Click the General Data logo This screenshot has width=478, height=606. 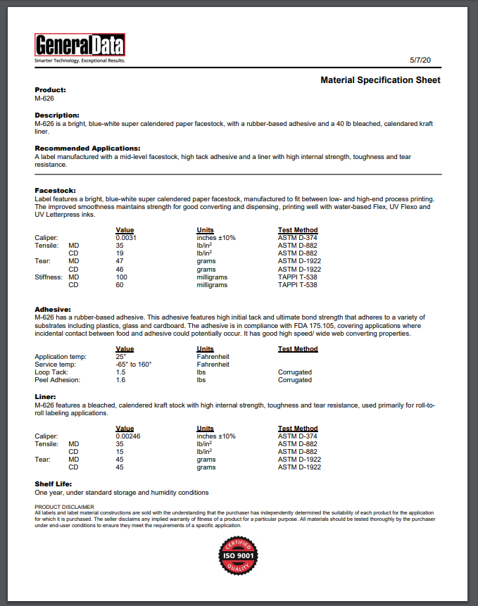pos(80,46)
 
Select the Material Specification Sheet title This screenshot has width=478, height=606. pos(380,80)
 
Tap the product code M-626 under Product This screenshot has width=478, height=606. pos(44,99)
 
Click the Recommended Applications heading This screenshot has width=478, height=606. pos(87,149)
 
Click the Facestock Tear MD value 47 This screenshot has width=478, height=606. pos(120,261)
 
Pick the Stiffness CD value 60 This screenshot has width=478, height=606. pos(120,284)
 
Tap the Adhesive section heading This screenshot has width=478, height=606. pos(53,310)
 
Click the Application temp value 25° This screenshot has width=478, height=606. pos(120,357)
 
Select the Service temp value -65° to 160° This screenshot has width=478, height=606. pos(134,365)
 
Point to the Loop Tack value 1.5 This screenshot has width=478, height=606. pos(120,372)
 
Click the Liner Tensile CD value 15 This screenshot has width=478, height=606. pos(120,452)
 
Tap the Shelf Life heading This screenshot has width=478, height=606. pos(54,484)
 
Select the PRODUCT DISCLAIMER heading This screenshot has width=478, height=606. pos(64,506)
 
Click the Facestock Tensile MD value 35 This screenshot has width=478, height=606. pos(120,246)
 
